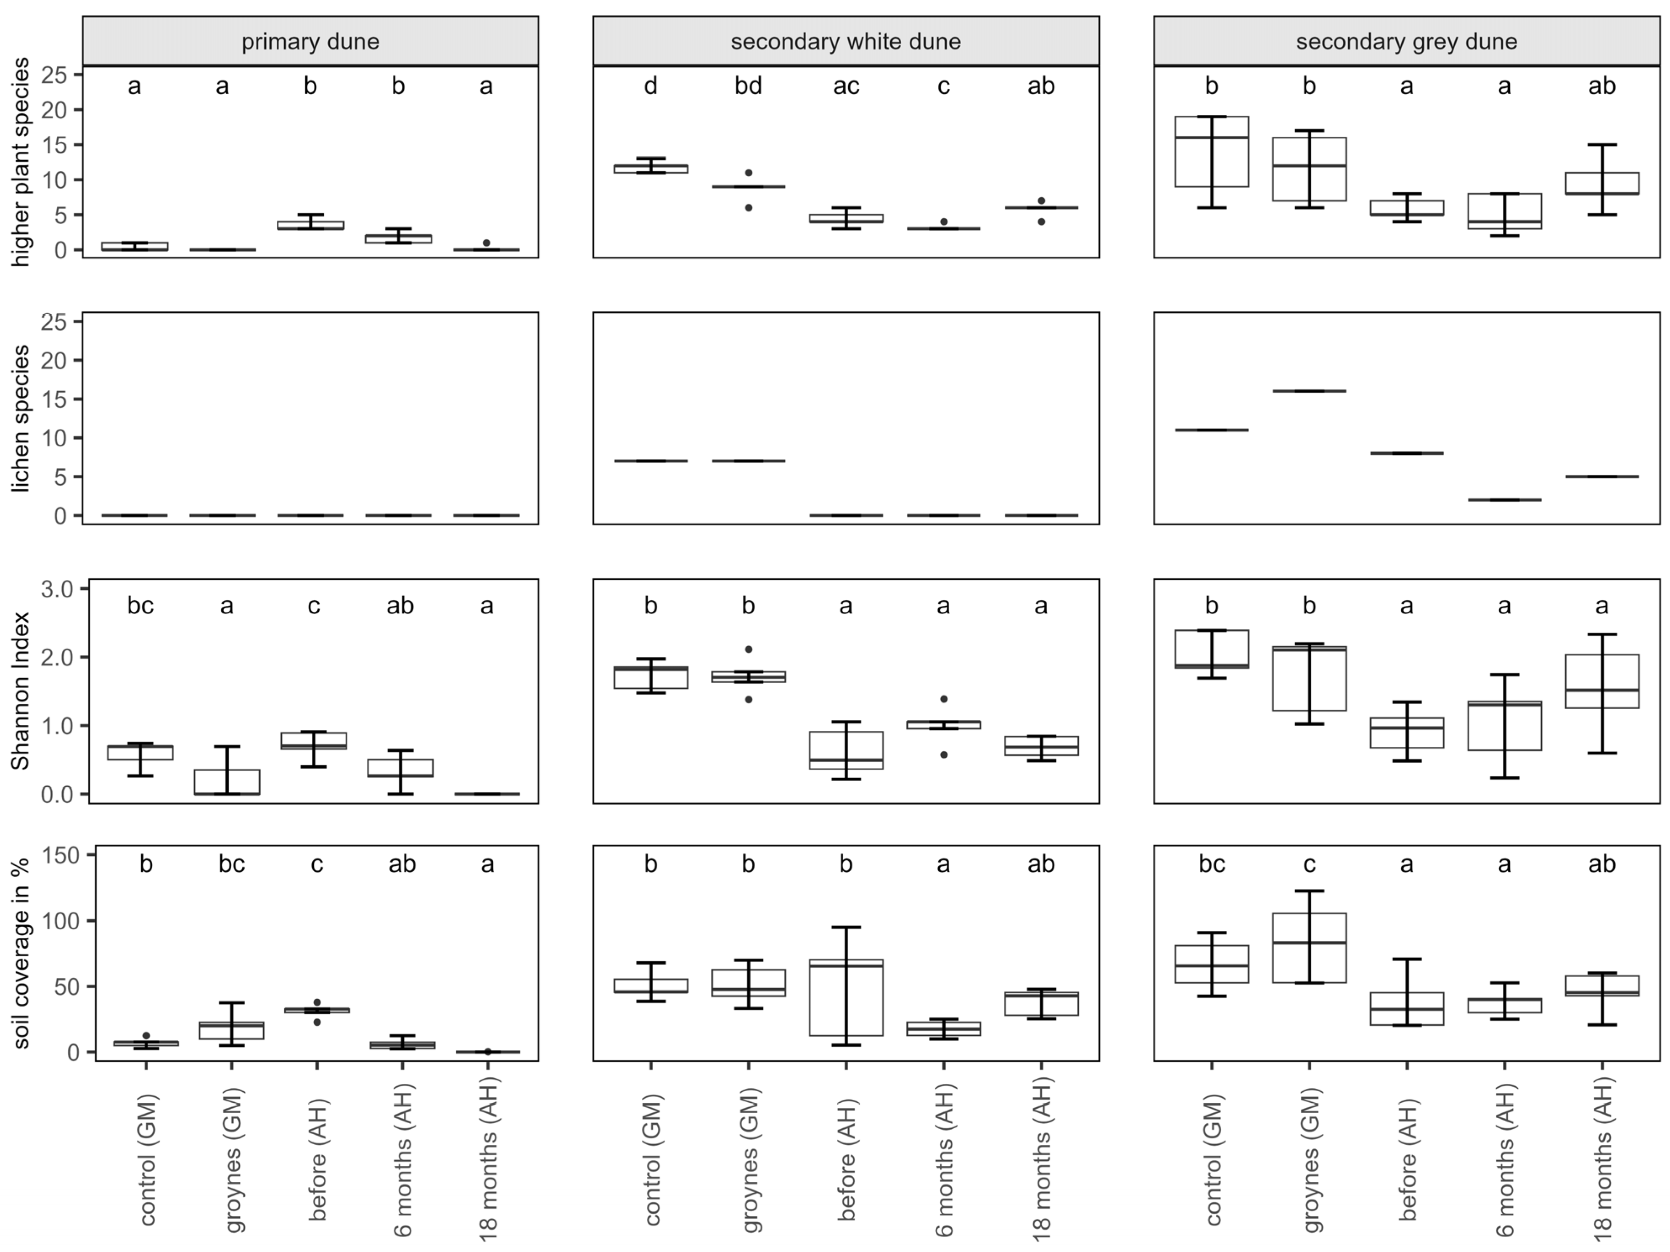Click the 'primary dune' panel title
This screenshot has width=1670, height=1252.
310,42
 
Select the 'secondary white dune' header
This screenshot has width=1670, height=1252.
846,42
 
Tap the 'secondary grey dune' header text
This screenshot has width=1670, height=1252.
1406,42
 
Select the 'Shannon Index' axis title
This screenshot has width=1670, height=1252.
21,691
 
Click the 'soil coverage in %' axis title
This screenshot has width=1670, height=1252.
21,953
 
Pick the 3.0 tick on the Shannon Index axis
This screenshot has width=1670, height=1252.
57,589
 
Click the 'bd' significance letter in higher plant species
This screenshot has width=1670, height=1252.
748,86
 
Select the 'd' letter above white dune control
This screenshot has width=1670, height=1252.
651,86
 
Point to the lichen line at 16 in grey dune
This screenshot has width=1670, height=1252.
1309,391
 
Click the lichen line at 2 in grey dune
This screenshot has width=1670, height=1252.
1504,500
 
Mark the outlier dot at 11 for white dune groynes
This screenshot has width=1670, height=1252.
748,173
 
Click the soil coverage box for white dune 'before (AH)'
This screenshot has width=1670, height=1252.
846,997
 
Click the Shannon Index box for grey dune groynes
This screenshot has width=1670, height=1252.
1309,678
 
